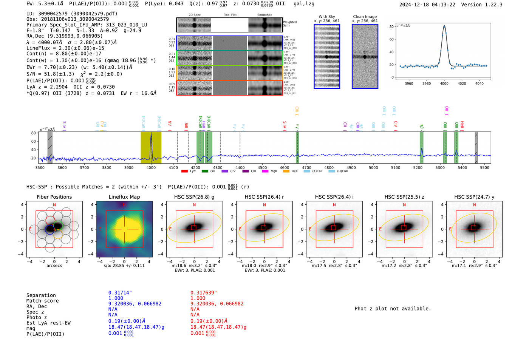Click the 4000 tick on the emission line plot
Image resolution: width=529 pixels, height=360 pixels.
[x=444, y=83]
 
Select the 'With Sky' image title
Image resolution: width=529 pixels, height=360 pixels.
[x=326, y=17]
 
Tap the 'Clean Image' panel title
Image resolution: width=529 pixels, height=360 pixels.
[x=365, y=17]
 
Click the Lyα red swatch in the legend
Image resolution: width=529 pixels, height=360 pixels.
[x=184, y=171]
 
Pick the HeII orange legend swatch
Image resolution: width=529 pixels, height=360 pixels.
[x=286, y=171]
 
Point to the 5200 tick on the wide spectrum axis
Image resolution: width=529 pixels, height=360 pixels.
[x=418, y=167]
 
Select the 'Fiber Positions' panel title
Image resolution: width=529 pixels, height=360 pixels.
[x=54, y=197]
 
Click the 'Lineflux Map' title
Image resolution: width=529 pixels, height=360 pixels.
[x=124, y=197]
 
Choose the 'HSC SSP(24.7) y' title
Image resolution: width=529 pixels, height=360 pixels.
[x=474, y=197]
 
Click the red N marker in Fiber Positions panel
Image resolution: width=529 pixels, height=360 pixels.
[x=54, y=205]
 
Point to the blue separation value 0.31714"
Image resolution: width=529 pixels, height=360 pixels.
[x=120, y=293]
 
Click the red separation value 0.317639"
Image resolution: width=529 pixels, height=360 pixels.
[x=204, y=293]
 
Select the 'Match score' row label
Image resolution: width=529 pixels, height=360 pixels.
[x=42, y=301]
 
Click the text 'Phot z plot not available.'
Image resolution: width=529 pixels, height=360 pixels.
[x=393, y=309]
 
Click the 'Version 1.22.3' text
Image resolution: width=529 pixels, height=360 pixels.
[x=481, y=5]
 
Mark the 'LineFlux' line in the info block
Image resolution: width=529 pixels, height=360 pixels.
[x=65, y=48]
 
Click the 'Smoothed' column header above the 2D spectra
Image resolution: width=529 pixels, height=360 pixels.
[x=264, y=15]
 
